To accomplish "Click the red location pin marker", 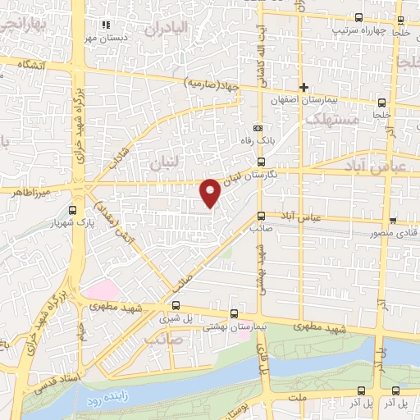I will pyautogui.click(x=211, y=192).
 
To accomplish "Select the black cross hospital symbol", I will pyautogui.click(x=304, y=87).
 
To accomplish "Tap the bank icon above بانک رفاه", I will pyautogui.click(x=259, y=129).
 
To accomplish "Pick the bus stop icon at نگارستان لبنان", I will pyautogui.click(x=261, y=162).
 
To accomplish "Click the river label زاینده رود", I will pyautogui.click(x=102, y=402).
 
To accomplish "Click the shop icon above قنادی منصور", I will pyautogui.click(x=394, y=220).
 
